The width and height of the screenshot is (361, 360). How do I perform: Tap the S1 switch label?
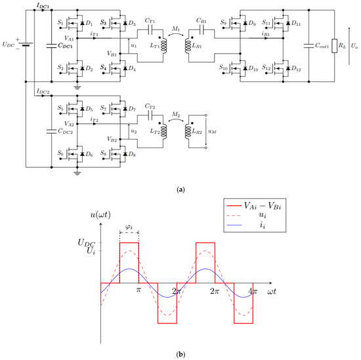(60, 24)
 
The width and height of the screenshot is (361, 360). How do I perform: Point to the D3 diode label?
(131, 24)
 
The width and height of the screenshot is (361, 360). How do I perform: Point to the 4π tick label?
(253, 290)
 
